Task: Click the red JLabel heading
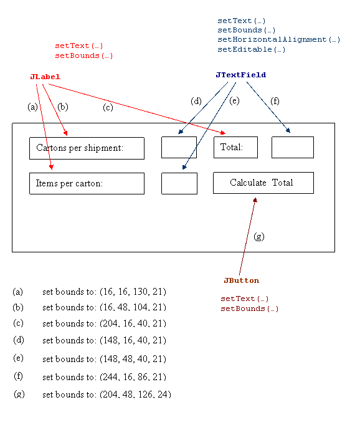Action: [45, 77]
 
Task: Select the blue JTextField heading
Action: [241, 75]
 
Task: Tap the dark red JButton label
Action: [241, 280]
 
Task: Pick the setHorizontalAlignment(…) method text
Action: [279, 39]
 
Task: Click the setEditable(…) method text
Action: [252, 49]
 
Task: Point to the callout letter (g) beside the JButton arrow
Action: [259, 236]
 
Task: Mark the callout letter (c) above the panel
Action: [108, 107]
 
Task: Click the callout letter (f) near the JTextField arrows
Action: [275, 101]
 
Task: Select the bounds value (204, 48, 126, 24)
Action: [135, 394]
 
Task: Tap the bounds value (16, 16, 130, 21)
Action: [133, 292]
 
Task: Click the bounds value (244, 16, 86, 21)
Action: [133, 377]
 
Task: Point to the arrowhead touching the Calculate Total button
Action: [255, 200]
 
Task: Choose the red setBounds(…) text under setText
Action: [83, 55]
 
